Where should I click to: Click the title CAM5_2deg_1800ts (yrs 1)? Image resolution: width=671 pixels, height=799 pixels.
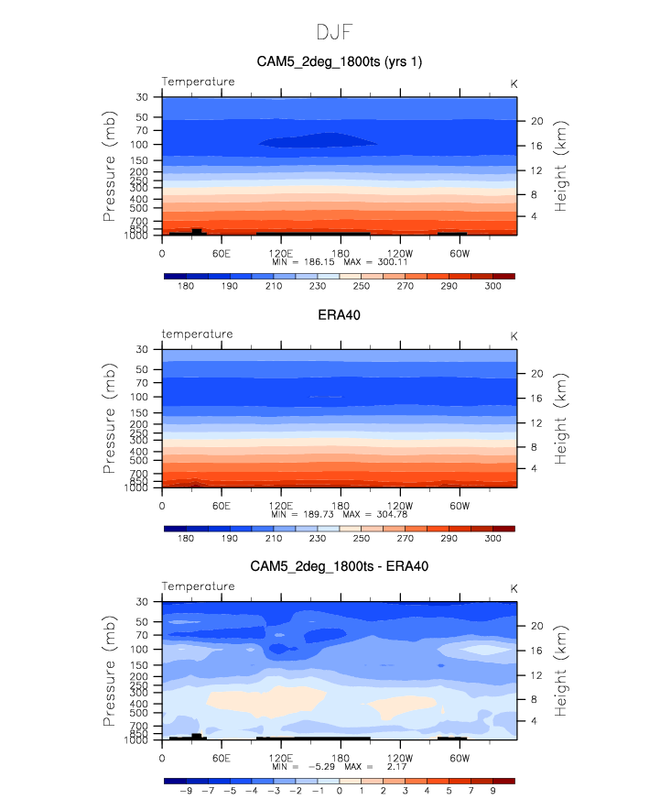point(339,61)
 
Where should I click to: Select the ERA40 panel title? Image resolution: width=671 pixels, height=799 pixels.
point(339,314)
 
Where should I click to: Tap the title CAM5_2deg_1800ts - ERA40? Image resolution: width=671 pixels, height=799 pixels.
point(339,567)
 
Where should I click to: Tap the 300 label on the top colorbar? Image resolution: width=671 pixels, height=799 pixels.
point(492,287)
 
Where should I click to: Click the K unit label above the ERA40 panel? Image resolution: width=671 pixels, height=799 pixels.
point(514,335)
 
